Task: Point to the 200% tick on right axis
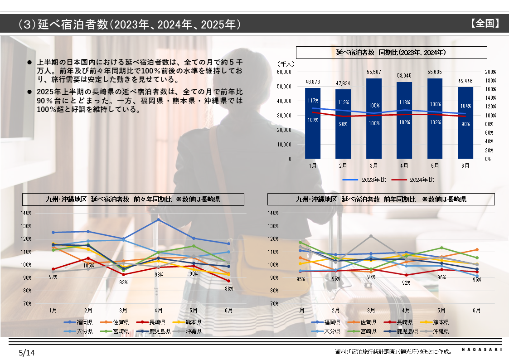coord(491,72)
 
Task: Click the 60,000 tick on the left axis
coord(283,72)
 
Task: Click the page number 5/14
coord(26,352)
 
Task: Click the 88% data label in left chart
coord(228,288)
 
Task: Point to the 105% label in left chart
coord(88,266)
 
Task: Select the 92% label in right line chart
coord(406,283)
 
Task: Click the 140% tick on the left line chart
coord(26,213)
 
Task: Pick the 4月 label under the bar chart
coord(404,166)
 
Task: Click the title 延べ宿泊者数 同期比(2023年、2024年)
coord(391,53)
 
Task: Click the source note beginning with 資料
coord(393,352)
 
